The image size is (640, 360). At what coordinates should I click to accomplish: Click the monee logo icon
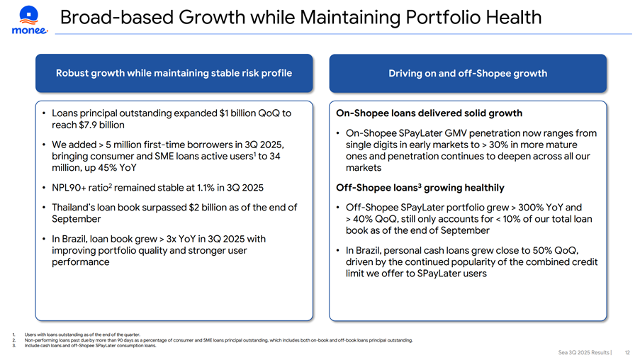coord(29,15)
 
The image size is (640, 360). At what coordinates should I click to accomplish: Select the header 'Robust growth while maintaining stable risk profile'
coord(174,73)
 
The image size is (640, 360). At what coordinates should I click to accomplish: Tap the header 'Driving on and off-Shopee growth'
coord(468,73)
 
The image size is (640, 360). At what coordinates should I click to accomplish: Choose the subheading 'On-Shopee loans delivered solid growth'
coord(429,113)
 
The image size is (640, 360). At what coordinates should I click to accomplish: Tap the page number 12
coord(627,351)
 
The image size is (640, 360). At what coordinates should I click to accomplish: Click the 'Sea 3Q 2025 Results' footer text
coord(584,351)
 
